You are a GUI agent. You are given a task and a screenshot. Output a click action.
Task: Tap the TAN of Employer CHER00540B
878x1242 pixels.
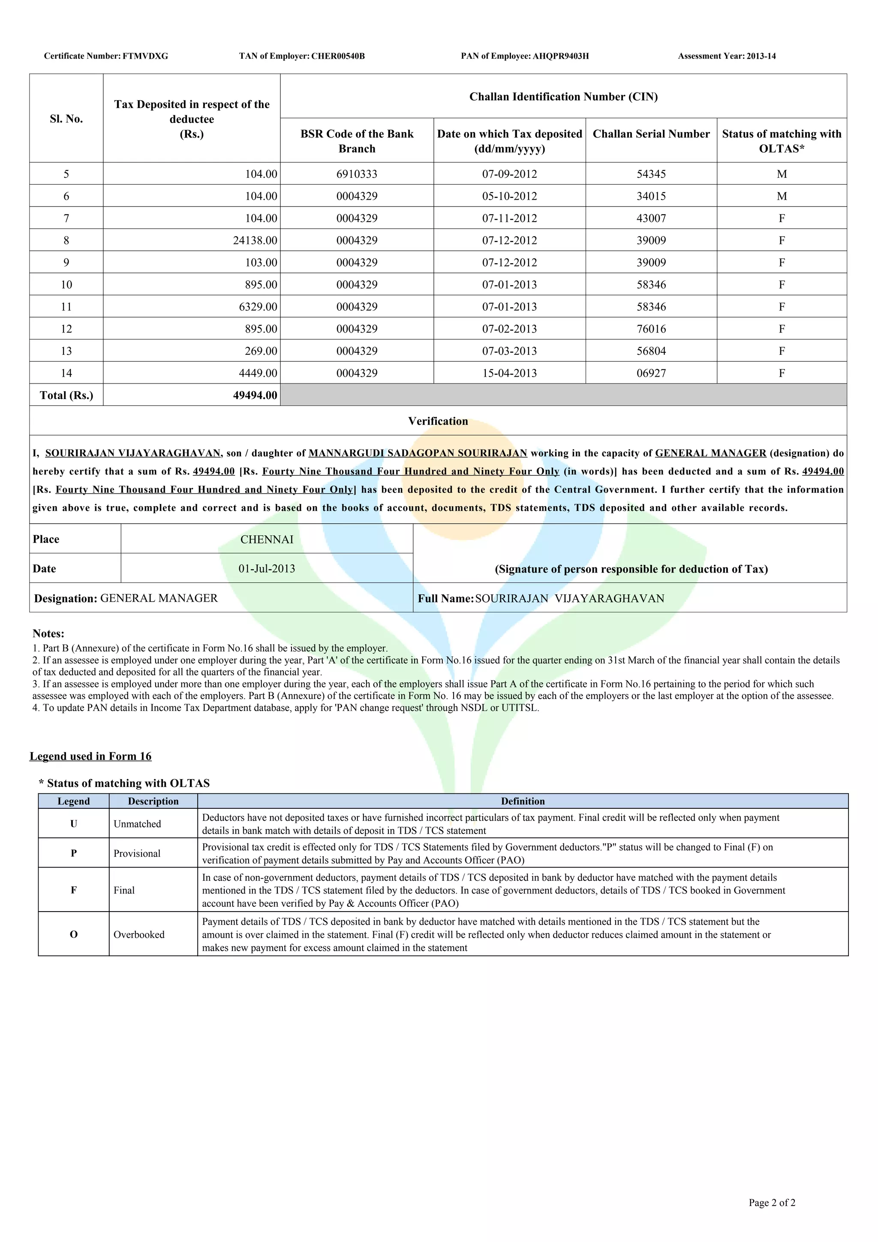302,56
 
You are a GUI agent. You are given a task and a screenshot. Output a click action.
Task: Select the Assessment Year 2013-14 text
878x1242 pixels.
727,56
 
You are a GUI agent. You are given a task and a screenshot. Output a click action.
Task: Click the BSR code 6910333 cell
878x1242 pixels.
357,174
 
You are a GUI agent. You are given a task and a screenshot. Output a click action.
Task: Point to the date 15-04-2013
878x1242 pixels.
510,373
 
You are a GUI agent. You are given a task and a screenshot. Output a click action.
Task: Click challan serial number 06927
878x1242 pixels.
651,373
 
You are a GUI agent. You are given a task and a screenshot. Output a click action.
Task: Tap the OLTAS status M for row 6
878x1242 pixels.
782,196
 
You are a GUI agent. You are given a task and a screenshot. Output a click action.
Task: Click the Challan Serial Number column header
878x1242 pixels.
651,134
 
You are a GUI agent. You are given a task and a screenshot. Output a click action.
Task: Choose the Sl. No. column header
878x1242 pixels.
66,119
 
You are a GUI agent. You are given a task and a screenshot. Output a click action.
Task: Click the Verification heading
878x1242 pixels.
438,421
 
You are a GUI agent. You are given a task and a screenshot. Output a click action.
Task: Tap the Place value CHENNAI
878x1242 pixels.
267,539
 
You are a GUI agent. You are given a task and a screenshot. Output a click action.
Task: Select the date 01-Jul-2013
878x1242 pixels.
267,569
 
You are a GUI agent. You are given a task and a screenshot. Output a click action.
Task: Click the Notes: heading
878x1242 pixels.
48,633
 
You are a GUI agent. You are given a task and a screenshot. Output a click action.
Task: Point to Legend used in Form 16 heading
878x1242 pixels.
90,756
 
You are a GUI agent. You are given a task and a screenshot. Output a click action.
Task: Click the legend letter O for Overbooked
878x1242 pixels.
74,935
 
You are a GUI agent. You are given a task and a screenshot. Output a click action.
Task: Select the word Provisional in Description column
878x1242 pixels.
137,854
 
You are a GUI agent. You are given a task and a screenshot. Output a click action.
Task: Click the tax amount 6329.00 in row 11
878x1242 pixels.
258,307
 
